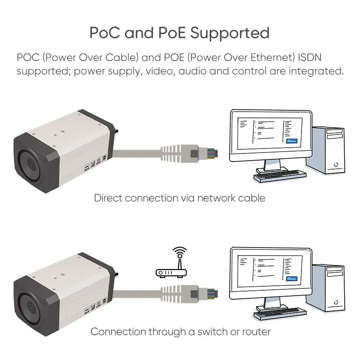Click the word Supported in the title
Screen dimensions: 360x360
coord(230,33)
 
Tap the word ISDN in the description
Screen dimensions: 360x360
coord(310,58)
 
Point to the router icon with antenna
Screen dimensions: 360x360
coord(171,262)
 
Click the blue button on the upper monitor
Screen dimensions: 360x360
coord(292,141)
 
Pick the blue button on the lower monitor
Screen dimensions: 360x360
coord(292,279)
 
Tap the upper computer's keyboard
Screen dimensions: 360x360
coord(280,176)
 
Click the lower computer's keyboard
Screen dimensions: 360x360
coord(280,314)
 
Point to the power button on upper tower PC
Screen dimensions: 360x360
coord(336,165)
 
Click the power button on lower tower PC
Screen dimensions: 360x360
coord(336,302)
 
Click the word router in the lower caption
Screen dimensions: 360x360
coord(256,332)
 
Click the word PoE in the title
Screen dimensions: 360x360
coord(172,32)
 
